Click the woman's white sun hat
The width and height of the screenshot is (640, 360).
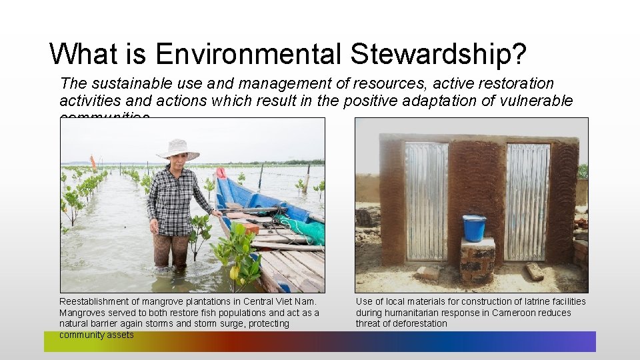pos(179,149)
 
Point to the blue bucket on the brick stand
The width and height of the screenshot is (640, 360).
pos(474,227)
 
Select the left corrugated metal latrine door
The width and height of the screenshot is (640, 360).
pos(427,201)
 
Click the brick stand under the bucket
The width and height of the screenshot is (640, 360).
pos(477,260)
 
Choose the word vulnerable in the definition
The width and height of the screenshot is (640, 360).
pos(539,101)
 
